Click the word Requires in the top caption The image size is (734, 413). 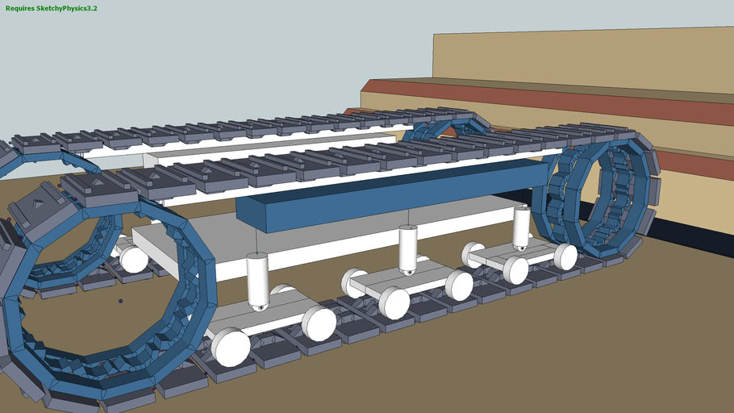click(22, 8)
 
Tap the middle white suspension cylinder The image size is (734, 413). click(408, 245)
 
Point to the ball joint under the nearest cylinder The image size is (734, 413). click(259, 307)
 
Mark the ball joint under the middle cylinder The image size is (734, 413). click(408, 271)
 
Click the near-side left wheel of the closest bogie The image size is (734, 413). click(230, 347)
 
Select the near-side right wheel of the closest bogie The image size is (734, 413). click(319, 323)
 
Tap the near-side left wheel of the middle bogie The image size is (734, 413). click(394, 303)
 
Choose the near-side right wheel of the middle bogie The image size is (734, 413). click(459, 286)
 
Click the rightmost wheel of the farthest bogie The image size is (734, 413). click(565, 257)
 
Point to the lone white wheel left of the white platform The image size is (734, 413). click(134, 260)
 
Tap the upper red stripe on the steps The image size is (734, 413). click(565, 101)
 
